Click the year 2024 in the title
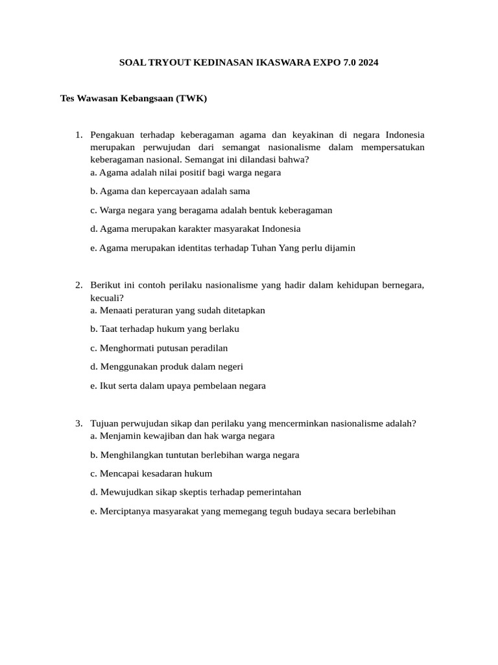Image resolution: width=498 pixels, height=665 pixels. (366, 63)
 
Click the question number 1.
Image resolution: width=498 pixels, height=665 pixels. (78, 135)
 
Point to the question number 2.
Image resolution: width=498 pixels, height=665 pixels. (78, 286)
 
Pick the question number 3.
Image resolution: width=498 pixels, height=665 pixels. (78, 423)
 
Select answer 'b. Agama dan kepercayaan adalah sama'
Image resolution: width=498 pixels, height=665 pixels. (170, 192)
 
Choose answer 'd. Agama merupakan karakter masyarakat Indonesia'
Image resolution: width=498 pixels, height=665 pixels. (195, 229)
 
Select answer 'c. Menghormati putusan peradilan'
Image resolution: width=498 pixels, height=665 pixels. (159, 348)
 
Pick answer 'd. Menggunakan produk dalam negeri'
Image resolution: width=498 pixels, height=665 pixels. (167, 367)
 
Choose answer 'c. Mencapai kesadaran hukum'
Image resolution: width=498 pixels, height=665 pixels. (151, 473)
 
